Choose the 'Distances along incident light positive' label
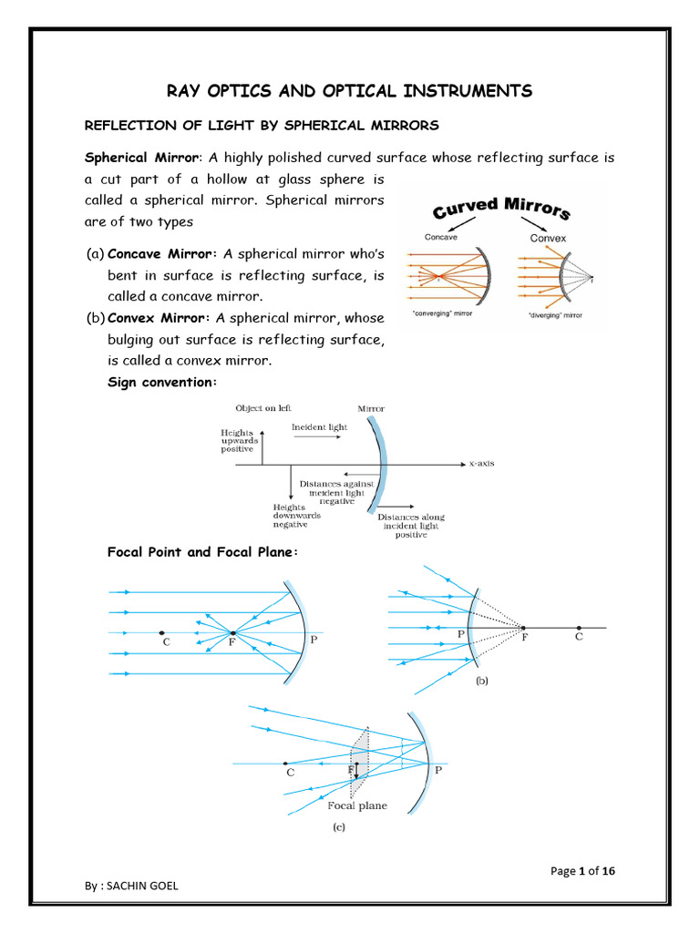[410, 526]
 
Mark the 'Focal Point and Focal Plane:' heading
[202, 553]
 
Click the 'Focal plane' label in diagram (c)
[357, 805]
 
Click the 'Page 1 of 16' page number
[583, 871]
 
